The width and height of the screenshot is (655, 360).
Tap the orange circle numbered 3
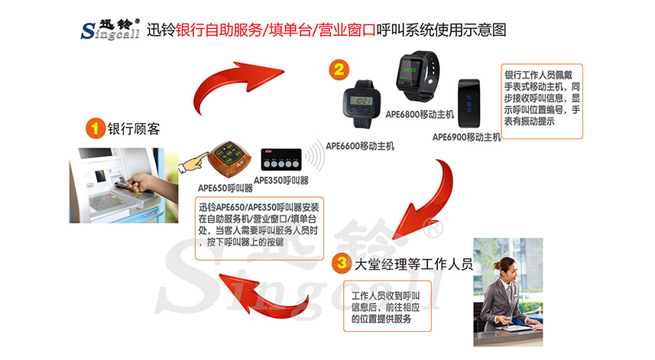tap(342, 266)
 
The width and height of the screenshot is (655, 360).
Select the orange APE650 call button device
tap(227, 159)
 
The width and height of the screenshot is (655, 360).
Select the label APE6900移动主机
tap(466, 138)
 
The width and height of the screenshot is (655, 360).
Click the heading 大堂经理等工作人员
tap(413, 266)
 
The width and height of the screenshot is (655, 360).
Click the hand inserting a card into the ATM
tap(141, 183)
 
